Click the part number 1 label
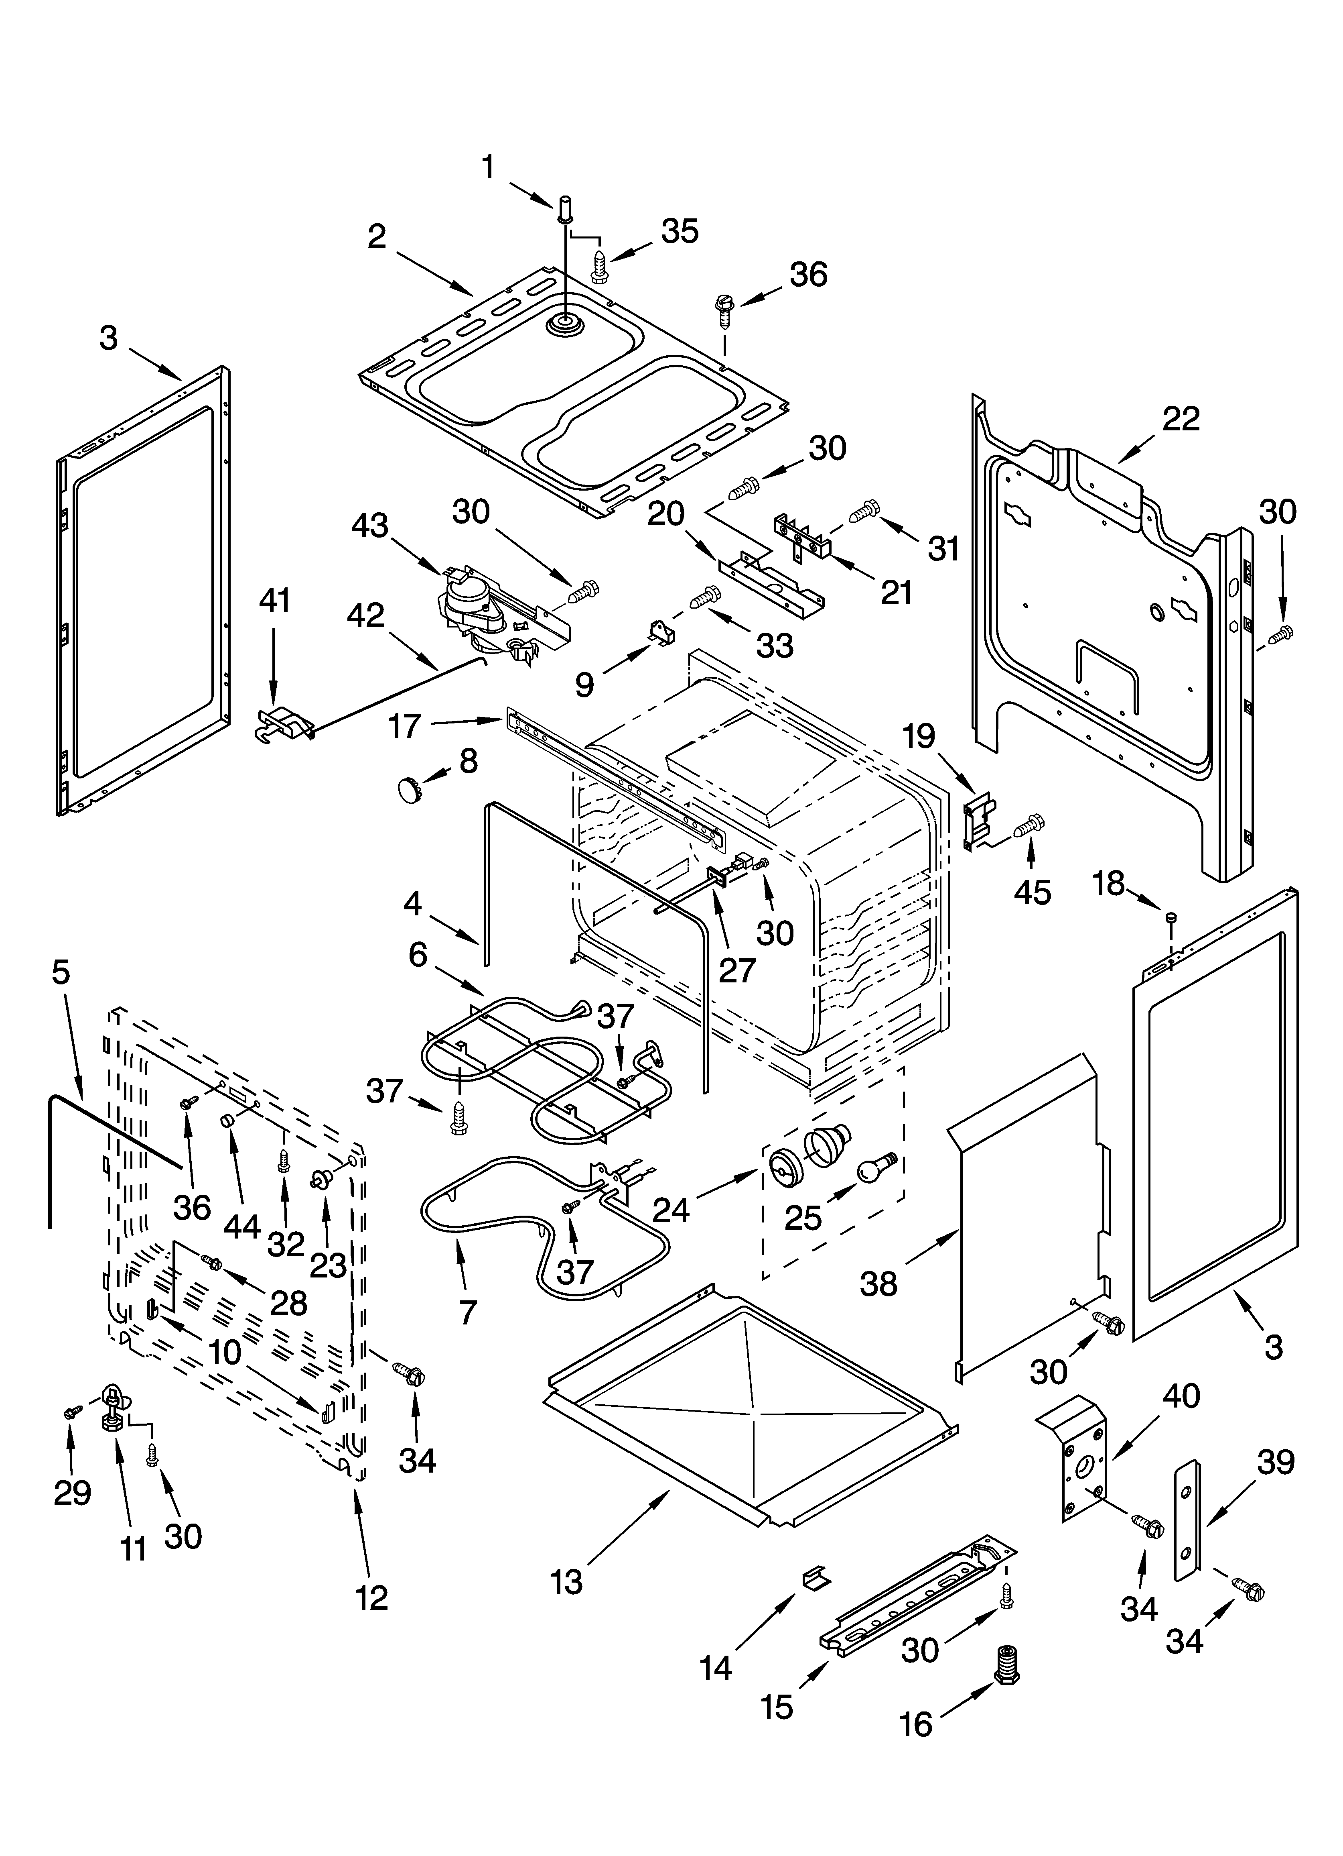488,168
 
